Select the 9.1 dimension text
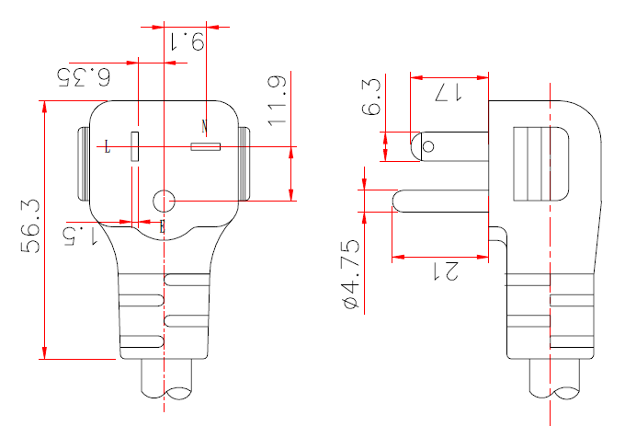pos(187,40)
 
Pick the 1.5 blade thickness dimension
pos(82,235)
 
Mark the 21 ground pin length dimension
pos(447,271)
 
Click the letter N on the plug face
pos(204,124)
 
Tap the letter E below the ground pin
pos(163,225)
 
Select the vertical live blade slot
pos(134,147)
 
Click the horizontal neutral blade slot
pos(204,146)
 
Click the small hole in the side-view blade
pos(426,144)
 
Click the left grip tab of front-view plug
pos(83,166)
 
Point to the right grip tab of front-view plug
pos(244,166)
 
